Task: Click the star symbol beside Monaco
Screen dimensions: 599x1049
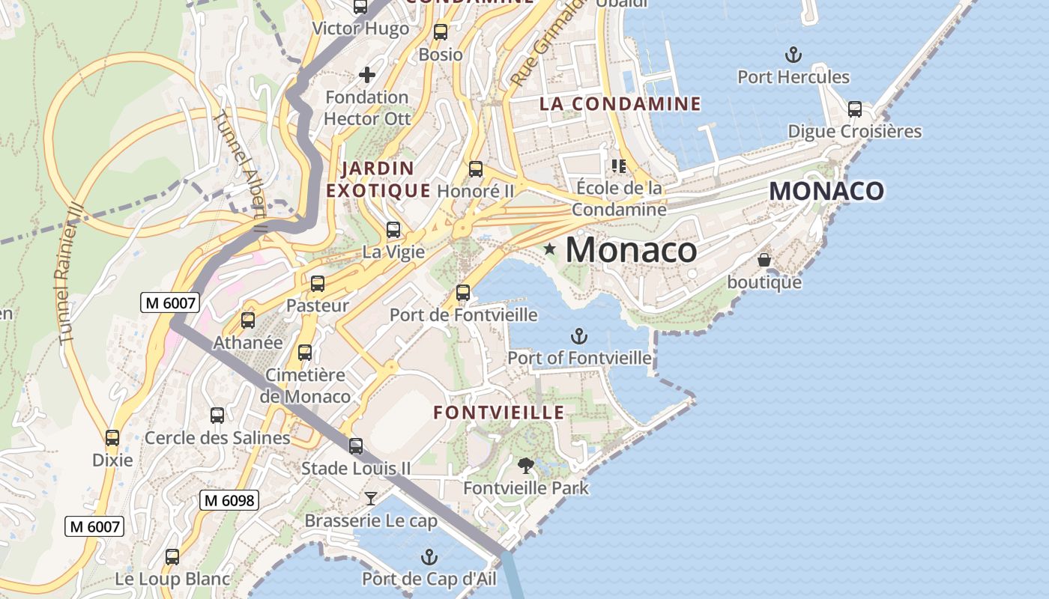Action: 549,249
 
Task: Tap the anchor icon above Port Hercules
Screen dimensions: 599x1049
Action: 793,55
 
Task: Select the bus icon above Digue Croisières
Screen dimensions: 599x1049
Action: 855,109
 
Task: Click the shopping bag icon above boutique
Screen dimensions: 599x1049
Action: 764,260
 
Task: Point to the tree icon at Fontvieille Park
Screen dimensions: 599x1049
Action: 526,466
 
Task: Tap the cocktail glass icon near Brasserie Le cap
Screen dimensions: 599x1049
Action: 370,498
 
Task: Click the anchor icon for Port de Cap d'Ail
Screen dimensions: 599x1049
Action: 429,557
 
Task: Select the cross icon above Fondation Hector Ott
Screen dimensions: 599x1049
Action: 366,74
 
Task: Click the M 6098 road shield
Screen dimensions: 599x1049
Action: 229,500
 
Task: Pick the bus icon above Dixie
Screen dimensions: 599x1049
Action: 112,438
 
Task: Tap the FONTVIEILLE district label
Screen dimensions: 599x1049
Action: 499,413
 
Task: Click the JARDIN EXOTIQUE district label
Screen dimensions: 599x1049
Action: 378,179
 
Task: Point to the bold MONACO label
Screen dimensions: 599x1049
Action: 826,191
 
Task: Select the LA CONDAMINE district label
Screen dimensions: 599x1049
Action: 620,104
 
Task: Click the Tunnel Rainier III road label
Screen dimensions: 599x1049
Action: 68,273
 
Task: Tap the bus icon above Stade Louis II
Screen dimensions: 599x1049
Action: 356,446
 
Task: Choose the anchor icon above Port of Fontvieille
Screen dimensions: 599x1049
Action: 578,336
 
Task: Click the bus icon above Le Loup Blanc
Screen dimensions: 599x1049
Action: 172,557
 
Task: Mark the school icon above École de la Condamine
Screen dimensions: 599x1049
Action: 618,165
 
